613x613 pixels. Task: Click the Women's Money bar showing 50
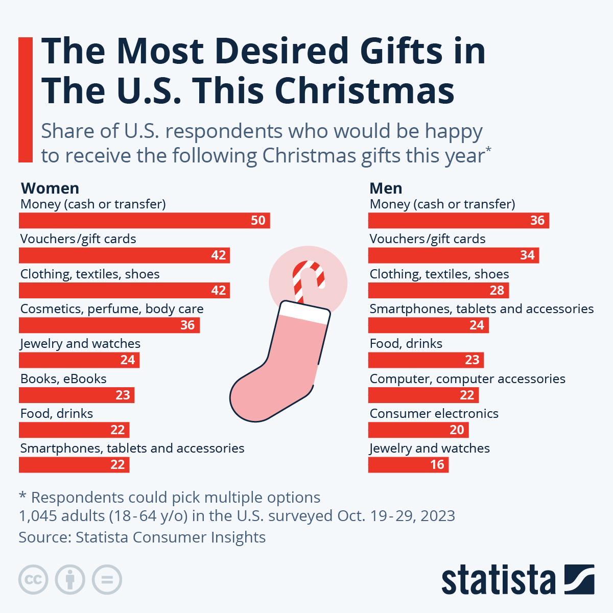click(144, 221)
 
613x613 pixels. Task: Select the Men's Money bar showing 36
click(458, 221)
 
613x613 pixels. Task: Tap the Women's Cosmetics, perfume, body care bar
click(109, 325)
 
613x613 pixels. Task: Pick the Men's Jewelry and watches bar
click(408, 465)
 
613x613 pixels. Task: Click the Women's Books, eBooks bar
click(76, 395)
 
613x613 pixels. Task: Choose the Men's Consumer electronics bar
click(418, 430)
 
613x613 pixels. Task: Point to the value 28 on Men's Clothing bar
click(497, 291)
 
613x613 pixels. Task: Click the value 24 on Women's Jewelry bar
click(127, 360)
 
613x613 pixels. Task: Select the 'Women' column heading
click(50, 188)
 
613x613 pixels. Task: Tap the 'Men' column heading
click(386, 188)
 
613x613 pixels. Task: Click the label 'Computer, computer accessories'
click(467, 379)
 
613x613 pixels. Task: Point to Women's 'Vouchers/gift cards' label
click(78, 239)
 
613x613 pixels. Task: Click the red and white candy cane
click(306, 278)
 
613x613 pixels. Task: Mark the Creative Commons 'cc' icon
click(33, 580)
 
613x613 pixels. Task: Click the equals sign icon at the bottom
click(107, 580)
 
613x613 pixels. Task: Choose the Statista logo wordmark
click(498, 580)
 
